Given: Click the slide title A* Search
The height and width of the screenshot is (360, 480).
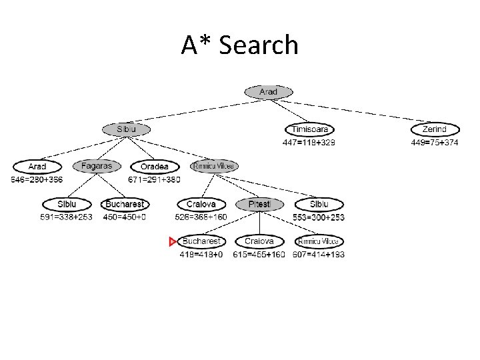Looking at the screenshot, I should pos(239,45).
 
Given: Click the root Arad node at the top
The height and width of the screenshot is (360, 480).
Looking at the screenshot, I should pos(268,92).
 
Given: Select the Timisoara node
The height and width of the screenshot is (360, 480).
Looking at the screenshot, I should pos(309,129).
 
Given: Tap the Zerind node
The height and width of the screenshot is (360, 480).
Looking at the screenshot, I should pos(435,129).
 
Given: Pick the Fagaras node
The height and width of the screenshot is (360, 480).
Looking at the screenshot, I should pos(97,166).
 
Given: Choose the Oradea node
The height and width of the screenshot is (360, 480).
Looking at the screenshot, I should pos(154,167).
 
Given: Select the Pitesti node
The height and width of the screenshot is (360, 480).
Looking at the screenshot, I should pos(259,204).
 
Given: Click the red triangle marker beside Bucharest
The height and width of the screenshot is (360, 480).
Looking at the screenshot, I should pos(173,241).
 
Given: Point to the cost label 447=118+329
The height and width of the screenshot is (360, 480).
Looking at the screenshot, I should pos(309,142).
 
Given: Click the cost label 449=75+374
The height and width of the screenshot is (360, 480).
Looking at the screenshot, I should pos(434,142).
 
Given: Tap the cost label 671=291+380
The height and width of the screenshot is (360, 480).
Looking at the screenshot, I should pos(154,179).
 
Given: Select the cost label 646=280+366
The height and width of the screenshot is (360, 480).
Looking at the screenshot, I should pos(37,179).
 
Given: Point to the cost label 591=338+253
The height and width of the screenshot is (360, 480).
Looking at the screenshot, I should pos(67,217).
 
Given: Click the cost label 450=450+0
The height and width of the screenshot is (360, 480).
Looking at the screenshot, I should pos(125,217).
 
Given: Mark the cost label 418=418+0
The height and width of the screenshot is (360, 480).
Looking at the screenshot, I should pos(201,254).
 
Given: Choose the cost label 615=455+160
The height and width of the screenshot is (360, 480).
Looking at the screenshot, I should pos(259,254).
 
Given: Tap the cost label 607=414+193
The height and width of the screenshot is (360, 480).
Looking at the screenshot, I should pos(318,254).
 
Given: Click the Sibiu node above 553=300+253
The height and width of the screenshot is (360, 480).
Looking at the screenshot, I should pos(319,204).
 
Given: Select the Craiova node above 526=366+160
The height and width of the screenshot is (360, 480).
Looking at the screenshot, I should pos(201,204).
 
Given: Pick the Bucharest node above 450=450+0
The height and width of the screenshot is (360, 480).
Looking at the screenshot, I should pos(125,204).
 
